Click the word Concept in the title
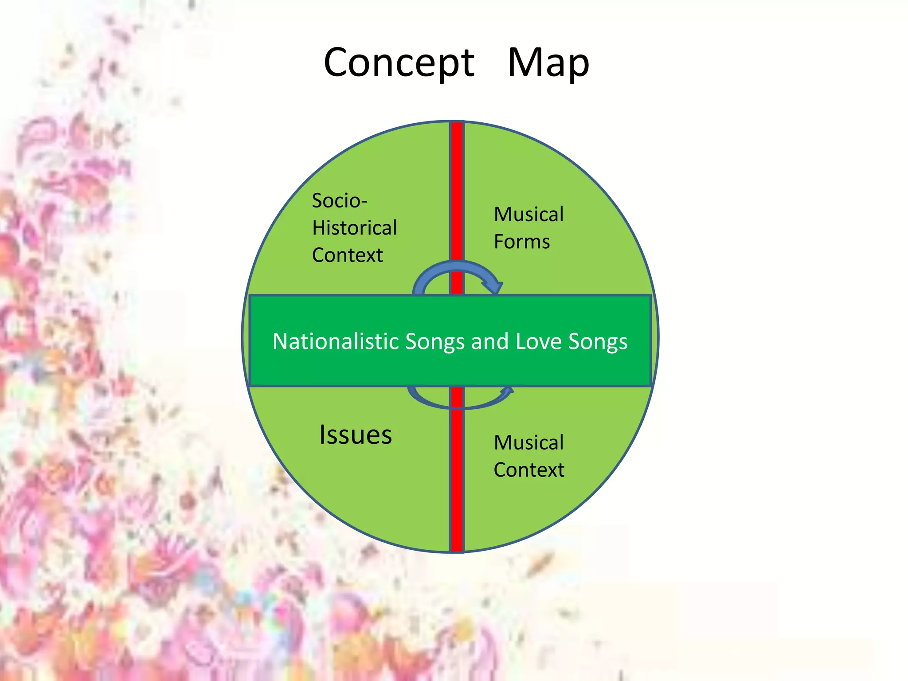tap(399, 63)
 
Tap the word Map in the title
tap(548, 63)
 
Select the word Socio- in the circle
tap(340, 200)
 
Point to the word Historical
tap(354, 228)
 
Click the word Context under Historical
tap(347, 255)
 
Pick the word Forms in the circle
tap(522, 242)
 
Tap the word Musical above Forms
tap(529, 215)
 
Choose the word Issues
tap(356, 434)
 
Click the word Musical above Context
tap(529, 443)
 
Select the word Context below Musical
tap(529, 470)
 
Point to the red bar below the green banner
tap(457, 470)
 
